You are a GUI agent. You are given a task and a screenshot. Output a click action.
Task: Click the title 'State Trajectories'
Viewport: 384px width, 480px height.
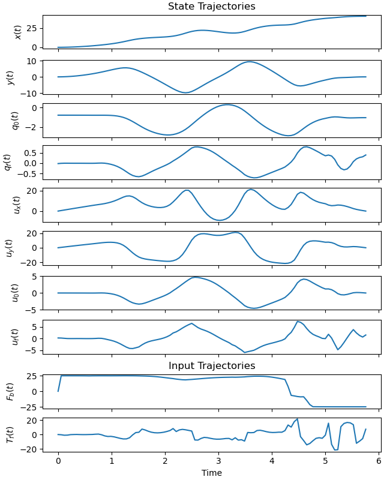coord(211,7)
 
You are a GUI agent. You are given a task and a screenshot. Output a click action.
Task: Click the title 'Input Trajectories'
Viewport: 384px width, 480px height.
coord(211,366)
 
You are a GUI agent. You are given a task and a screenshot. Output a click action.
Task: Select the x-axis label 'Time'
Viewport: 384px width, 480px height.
coord(211,473)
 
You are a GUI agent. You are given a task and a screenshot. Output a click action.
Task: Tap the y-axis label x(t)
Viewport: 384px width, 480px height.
coord(18,32)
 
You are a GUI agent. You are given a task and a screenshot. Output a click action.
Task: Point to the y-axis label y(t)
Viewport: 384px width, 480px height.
coord(10,76)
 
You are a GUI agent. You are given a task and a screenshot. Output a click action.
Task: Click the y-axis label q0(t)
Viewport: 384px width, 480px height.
coord(15,120)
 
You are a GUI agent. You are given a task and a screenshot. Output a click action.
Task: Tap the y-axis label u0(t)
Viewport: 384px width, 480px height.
coord(15,292)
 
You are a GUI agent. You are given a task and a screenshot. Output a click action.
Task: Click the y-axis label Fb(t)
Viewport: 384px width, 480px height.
coord(10,391)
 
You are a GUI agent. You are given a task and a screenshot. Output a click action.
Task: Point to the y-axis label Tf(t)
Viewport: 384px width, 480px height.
coord(10,434)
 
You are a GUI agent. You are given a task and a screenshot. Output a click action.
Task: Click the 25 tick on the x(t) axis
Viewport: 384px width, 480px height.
coord(32,28)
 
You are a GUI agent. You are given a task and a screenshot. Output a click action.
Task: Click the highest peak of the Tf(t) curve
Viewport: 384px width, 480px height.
coord(297,419)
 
